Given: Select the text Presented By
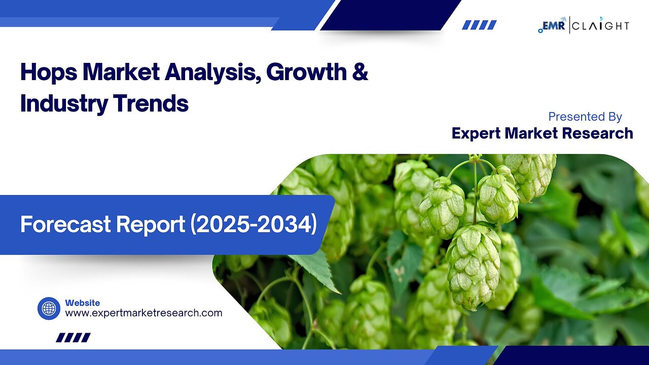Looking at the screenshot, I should [x=585, y=117].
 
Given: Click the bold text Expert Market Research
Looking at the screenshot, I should [x=542, y=133].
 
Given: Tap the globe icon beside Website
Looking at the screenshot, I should [x=49, y=308].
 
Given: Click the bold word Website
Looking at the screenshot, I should [x=82, y=303].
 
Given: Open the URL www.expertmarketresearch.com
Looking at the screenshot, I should [x=143, y=313].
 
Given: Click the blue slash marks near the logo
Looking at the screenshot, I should [x=479, y=25].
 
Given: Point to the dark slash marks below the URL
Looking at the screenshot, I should [x=73, y=338].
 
